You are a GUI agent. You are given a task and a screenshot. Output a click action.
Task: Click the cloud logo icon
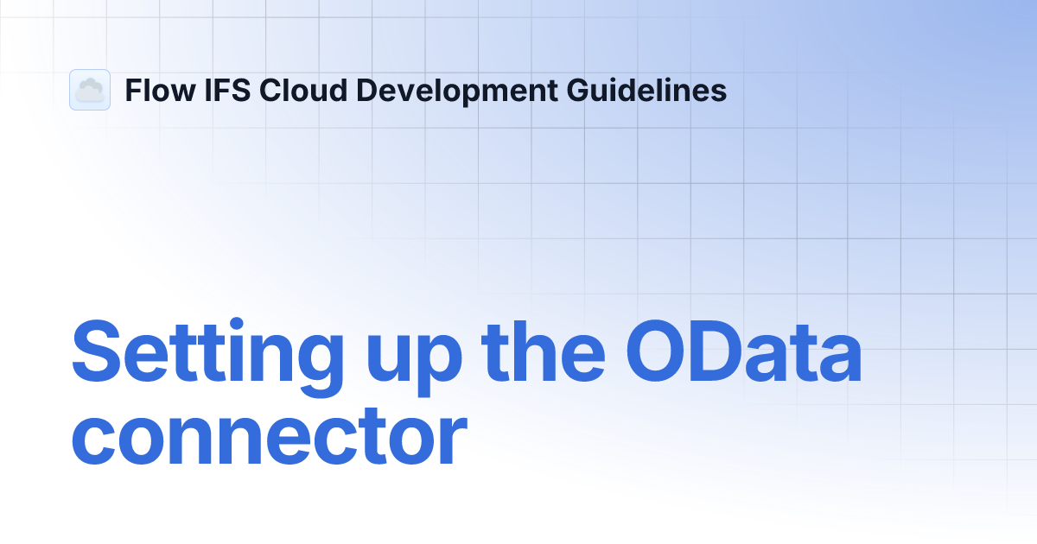click(x=90, y=90)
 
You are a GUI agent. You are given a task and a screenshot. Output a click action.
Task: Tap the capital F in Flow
click(x=132, y=90)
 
